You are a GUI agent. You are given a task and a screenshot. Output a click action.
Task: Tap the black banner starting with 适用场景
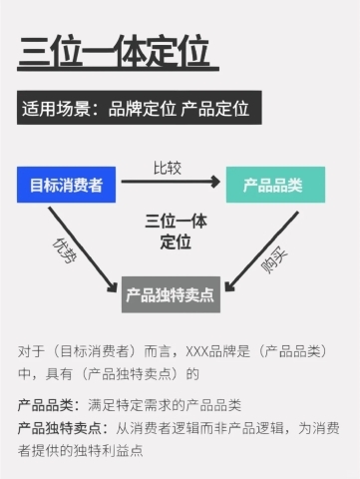point(139,108)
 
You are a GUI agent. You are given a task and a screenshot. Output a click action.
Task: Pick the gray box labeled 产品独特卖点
point(170,295)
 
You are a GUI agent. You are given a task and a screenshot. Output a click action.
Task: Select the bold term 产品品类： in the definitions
point(50,406)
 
